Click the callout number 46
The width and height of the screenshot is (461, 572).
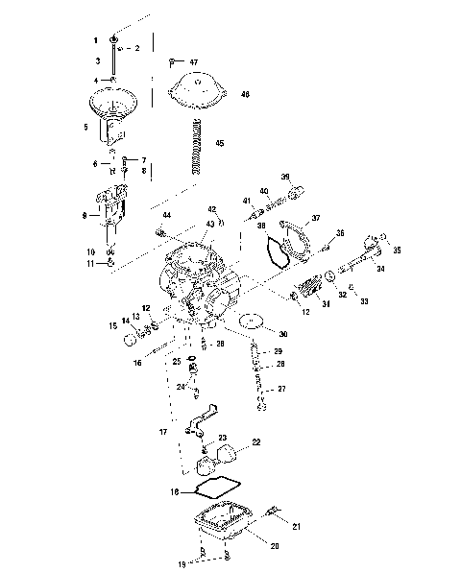(x=245, y=94)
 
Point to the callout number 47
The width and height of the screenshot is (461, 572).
(x=194, y=61)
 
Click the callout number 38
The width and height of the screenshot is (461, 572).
(x=260, y=226)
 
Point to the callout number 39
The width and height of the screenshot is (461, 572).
(x=284, y=177)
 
